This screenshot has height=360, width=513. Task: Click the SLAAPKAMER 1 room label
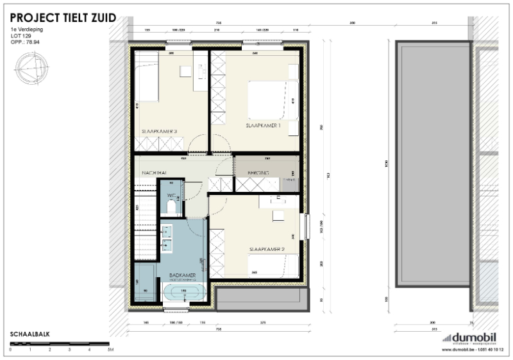pyautogui.click(x=263, y=126)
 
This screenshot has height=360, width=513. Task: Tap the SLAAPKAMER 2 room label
pyautogui.click(x=267, y=249)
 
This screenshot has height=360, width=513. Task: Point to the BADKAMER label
pyautogui.click(x=183, y=275)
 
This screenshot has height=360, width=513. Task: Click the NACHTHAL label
pyautogui.click(x=155, y=173)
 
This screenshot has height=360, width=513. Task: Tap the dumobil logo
pyautogui.click(x=475, y=338)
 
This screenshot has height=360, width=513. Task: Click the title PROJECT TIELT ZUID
pyautogui.click(x=63, y=17)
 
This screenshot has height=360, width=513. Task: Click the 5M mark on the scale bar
pyautogui.click(x=110, y=351)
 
